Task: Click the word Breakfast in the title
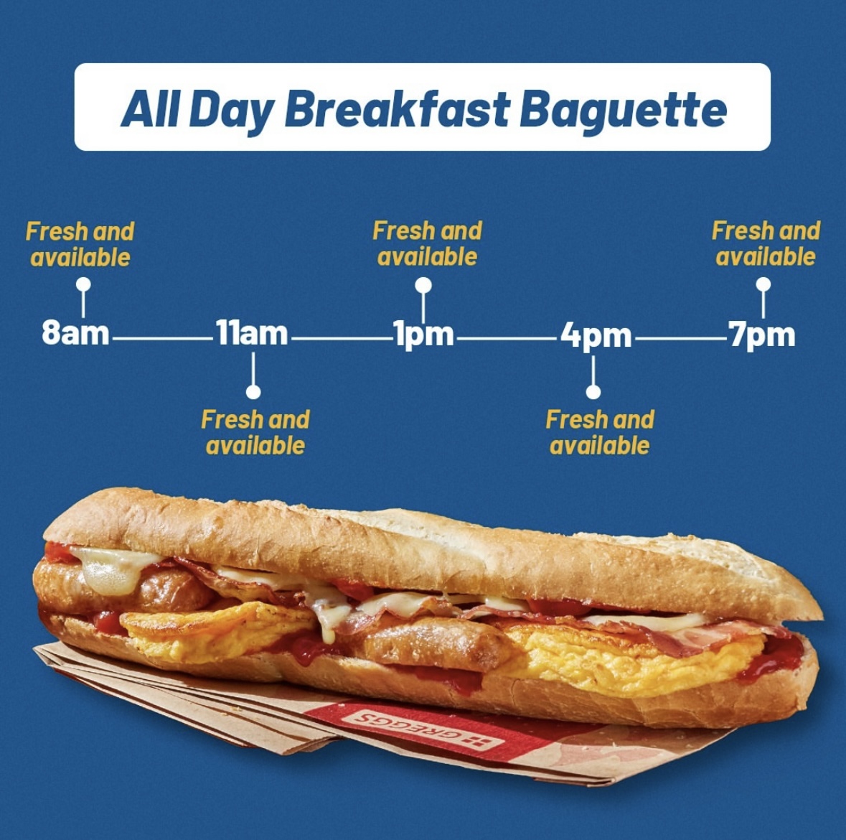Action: click(x=398, y=109)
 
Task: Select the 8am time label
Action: click(x=75, y=334)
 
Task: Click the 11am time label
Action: click(x=252, y=334)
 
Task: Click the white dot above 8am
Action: click(x=83, y=284)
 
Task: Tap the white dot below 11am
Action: click(x=253, y=391)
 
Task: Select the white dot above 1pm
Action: click(x=423, y=285)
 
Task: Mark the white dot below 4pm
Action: click(x=593, y=391)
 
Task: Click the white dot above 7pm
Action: click(x=763, y=284)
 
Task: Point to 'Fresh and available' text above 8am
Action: click(x=80, y=244)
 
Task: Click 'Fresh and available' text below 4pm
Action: click(x=600, y=432)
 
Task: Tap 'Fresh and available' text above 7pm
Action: click(x=766, y=243)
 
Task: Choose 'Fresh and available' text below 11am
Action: click(x=255, y=432)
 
